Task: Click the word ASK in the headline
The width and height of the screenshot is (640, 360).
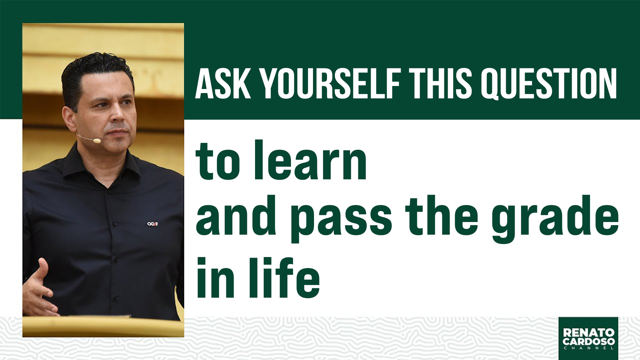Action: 223,84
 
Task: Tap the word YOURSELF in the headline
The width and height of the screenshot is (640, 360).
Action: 330,84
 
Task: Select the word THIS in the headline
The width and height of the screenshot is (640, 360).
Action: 440,84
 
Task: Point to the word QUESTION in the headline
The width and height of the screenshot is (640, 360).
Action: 549,84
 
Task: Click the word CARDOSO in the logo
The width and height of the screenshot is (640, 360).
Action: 589,341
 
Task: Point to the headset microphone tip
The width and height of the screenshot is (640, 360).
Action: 97,141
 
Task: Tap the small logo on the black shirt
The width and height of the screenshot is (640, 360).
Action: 153,224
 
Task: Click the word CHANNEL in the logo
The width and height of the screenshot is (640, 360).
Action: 589,348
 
